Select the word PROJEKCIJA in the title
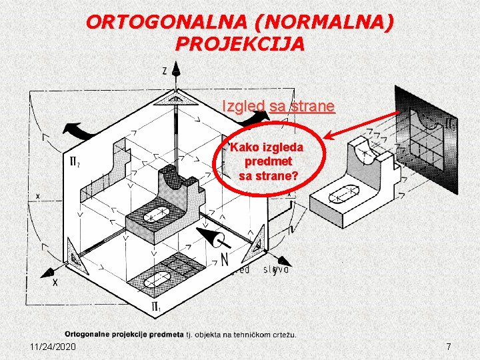click(240, 44)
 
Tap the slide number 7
click(449, 347)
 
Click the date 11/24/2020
click(53, 347)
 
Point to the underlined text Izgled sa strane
click(278, 106)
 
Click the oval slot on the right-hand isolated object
click(345, 195)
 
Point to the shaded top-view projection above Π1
click(170, 273)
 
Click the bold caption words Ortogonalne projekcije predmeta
click(123, 334)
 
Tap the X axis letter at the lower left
click(55, 283)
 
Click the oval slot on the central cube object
click(158, 216)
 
